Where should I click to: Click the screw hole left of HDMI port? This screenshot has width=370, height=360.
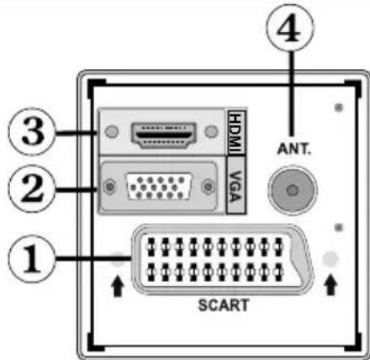[x=112, y=133]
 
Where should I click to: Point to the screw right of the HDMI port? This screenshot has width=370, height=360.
[x=209, y=133]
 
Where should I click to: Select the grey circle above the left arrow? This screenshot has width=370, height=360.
[x=118, y=258]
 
